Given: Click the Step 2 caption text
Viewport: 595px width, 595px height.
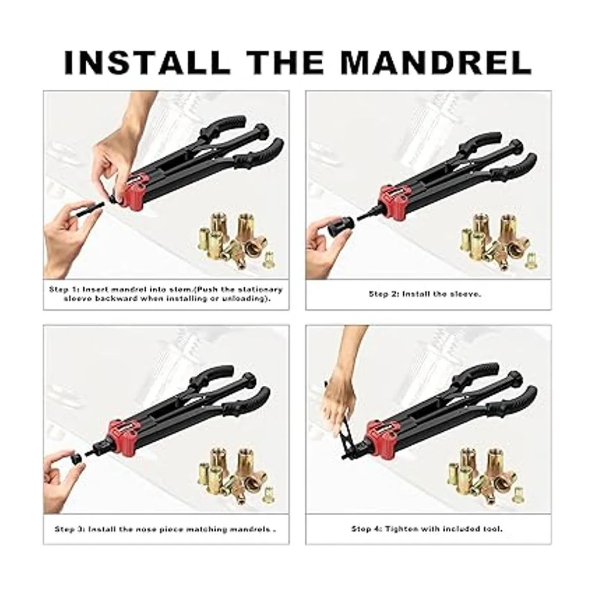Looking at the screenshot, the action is click(x=425, y=294).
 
